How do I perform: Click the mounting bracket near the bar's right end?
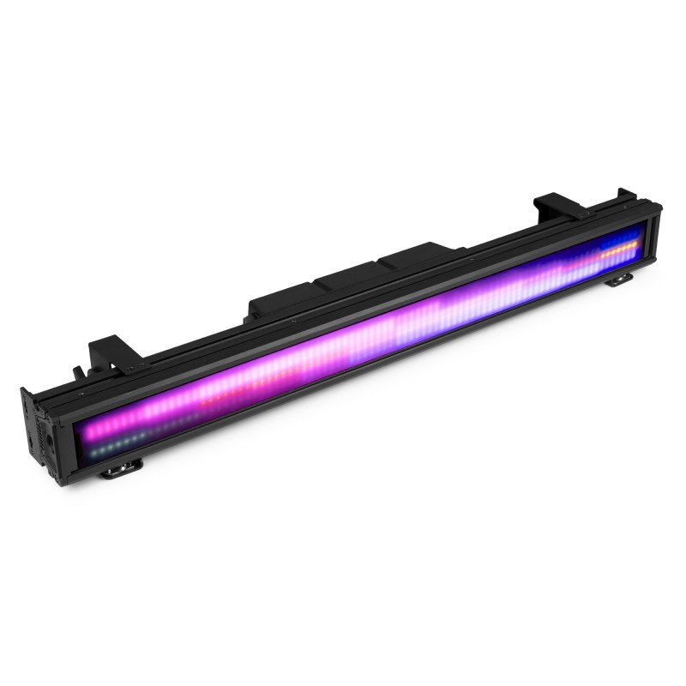click(557, 206)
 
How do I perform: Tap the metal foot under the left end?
click(120, 466)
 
